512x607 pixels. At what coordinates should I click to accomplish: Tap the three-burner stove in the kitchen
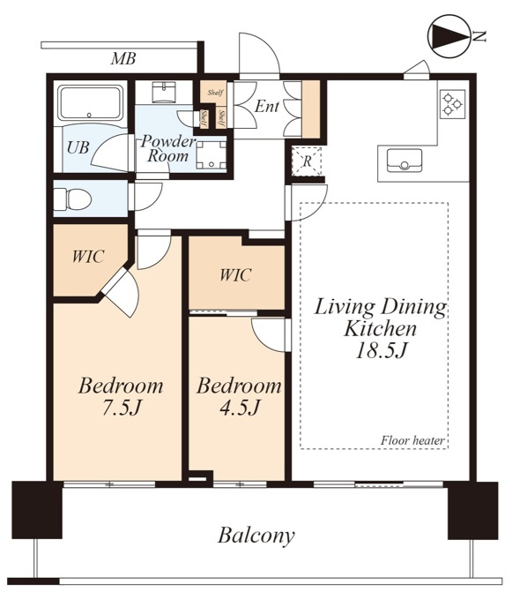tap(452, 104)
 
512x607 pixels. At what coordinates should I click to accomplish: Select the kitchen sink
tap(404, 160)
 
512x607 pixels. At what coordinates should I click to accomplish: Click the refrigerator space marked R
tap(307, 161)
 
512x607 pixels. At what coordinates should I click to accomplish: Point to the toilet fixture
tap(72, 199)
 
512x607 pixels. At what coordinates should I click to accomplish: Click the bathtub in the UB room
tap(90, 102)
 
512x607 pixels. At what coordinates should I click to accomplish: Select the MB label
tap(123, 59)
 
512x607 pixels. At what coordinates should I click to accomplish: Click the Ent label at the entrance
tap(266, 106)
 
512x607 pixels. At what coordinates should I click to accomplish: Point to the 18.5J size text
tap(381, 351)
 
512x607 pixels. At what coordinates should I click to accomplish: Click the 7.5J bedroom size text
tap(121, 408)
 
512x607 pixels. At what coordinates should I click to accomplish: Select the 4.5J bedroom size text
tap(240, 408)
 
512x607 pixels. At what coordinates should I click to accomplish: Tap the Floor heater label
tap(412, 440)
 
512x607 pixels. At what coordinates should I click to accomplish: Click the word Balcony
tap(256, 536)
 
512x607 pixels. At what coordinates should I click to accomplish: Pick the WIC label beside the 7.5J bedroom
tap(88, 256)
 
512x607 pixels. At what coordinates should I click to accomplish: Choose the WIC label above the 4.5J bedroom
tap(235, 275)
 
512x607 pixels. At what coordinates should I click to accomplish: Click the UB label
tap(78, 147)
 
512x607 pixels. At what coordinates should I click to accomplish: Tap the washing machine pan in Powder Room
tap(211, 155)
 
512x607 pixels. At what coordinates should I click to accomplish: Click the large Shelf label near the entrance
tap(215, 93)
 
